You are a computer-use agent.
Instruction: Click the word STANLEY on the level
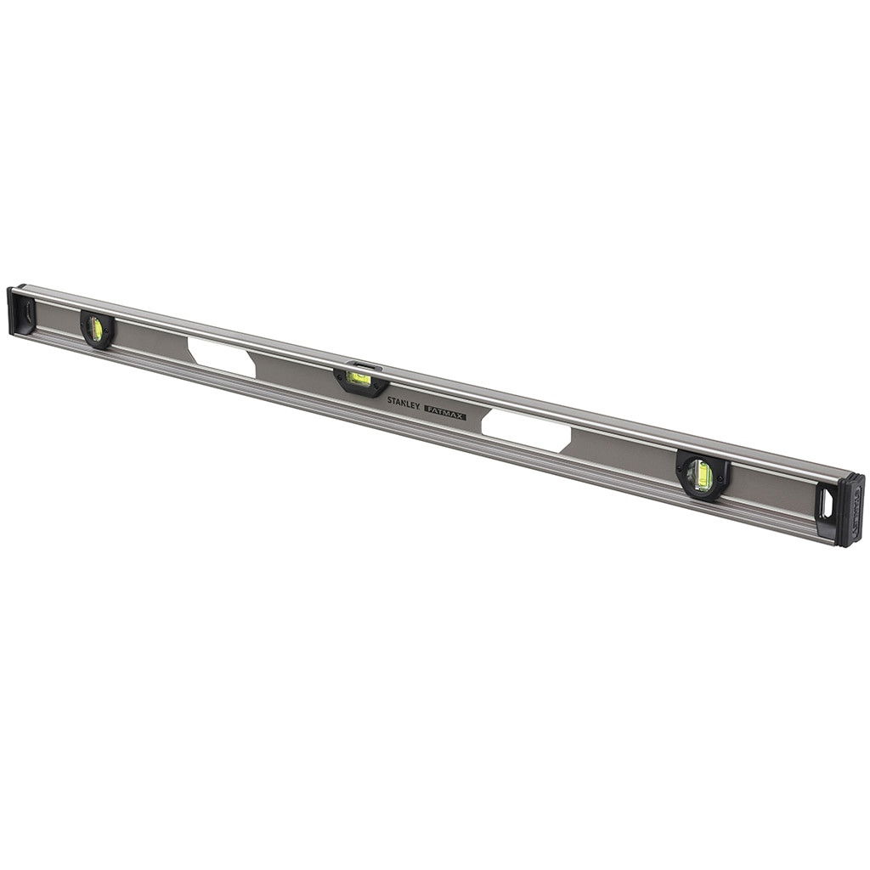point(403,404)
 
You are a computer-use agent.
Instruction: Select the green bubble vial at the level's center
point(359,378)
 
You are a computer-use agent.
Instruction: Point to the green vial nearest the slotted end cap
point(96,330)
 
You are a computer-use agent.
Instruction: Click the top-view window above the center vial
point(361,365)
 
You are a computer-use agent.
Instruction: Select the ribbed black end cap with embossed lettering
point(850,510)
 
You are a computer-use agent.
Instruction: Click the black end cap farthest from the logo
point(20,311)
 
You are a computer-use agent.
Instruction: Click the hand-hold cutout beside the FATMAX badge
point(527,430)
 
